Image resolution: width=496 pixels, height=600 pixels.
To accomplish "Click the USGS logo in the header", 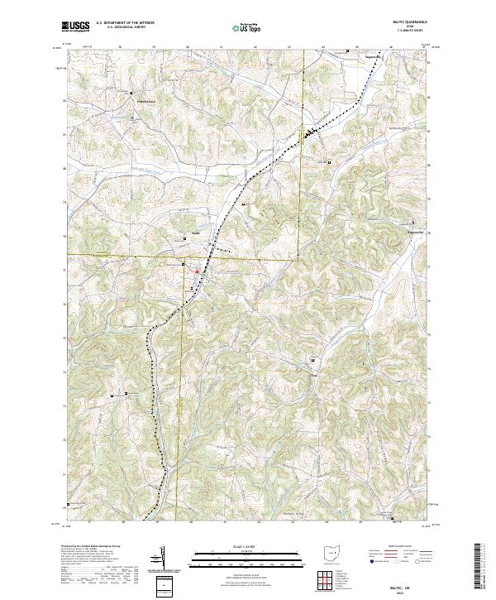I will [76, 26].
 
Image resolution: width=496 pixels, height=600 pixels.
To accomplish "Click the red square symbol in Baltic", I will [196, 271].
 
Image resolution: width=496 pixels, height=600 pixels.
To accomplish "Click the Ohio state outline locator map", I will [331, 555].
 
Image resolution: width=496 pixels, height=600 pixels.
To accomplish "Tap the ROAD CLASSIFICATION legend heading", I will [399, 547].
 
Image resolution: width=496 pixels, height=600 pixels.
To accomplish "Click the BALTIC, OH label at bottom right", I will [401, 580].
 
